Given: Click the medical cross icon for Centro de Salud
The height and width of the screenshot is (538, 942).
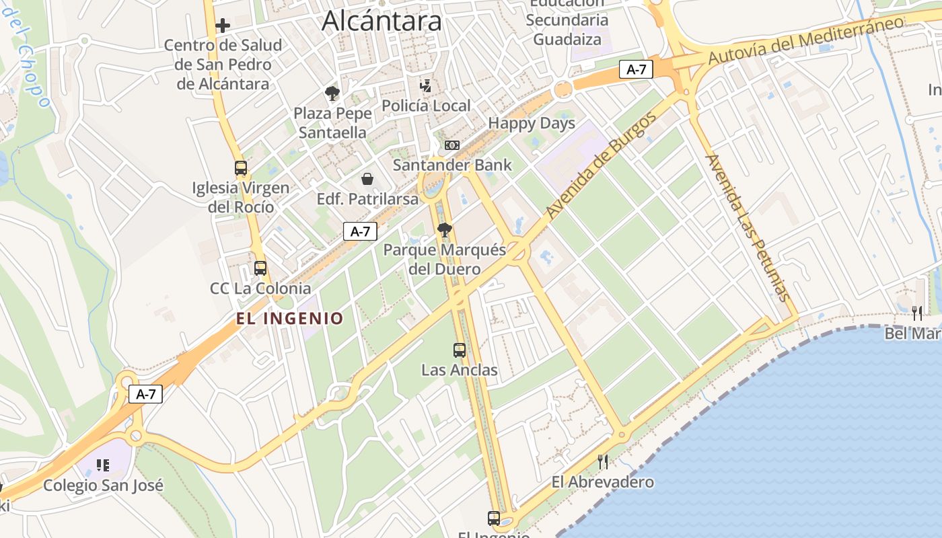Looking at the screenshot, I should pyautogui.click(x=223, y=26).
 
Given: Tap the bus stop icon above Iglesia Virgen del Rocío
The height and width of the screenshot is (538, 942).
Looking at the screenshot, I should pyautogui.click(x=240, y=168).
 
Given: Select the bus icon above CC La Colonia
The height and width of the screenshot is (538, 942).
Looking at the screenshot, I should pyautogui.click(x=260, y=268).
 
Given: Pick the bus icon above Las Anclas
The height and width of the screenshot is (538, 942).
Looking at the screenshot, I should pyautogui.click(x=460, y=350).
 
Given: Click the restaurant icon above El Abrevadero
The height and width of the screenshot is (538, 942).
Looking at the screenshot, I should pyautogui.click(x=603, y=461).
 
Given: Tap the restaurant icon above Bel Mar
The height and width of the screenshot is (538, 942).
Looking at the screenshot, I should pyautogui.click(x=916, y=313).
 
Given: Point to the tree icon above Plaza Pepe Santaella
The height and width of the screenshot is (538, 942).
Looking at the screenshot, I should pyautogui.click(x=332, y=93).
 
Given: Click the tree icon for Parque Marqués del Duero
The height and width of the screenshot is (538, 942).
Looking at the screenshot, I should pyautogui.click(x=444, y=230).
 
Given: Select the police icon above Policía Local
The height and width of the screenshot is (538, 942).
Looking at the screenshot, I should pyautogui.click(x=425, y=86).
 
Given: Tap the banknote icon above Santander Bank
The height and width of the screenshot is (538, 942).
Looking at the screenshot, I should pyautogui.click(x=451, y=145).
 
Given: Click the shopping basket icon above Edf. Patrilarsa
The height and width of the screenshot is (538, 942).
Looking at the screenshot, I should pyautogui.click(x=367, y=179).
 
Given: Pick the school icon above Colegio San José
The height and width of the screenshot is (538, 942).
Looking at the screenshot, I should pyautogui.click(x=103, y=465).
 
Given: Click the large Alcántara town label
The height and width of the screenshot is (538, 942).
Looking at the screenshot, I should pyautogui.click(x=382, y=21).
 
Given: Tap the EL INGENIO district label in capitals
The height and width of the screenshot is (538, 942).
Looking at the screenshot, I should pyautogui.click(x=289, y=318).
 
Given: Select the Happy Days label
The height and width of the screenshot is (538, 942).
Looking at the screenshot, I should pyautogui.click(x=532, y=123).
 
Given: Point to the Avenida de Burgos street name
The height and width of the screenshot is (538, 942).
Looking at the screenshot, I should pyautogui.click(x=601, y=166).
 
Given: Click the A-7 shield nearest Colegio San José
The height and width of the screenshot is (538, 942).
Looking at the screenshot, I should pyautogui.click(x=146, y=394).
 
